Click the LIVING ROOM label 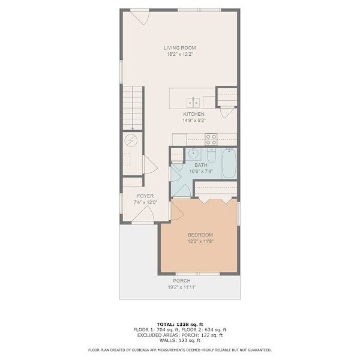click(180, 48)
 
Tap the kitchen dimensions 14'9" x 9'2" click(194, 121)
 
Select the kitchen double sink click(193, 103)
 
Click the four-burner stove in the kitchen click(211, 139)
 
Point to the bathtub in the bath click(229, 163)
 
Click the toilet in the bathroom click(211, 155)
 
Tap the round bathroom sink click(193, 154)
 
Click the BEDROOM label click(200, 235)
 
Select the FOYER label click(145, 196)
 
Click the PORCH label click(182, 281)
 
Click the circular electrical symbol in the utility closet click(131, 140)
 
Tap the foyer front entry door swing click(143, 214)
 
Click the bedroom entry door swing click(177, 211)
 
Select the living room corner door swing click(140, 17)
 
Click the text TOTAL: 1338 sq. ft click(180, 325)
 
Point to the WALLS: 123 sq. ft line click(180, 340)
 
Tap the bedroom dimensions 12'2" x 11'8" click(200, 241)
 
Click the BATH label click(201, 165)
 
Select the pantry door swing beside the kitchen click(227, 113)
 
